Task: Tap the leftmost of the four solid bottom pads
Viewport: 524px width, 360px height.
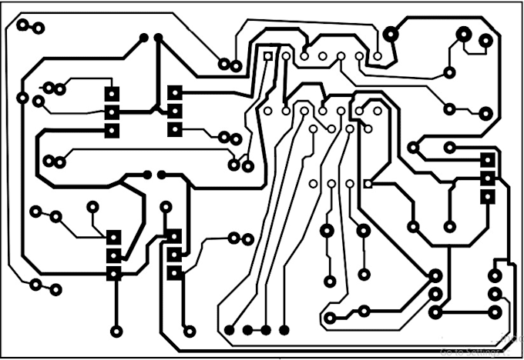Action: [230, 330]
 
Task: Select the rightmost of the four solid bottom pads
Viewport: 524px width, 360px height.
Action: [284, 330]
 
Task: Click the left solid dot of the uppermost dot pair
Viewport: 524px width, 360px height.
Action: [143, 38]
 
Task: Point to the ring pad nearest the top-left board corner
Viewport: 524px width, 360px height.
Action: [22, 25]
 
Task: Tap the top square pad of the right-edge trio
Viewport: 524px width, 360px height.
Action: [487, 160]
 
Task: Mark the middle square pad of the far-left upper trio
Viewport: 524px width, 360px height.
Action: [113, 112]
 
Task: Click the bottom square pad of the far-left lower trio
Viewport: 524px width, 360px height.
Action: [114, 272]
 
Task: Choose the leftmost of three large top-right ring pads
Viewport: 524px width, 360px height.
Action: [391, 33]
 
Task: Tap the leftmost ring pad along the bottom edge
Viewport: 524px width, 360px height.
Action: [116, 331]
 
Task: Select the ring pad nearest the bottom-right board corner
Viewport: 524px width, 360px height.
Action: [494, 312]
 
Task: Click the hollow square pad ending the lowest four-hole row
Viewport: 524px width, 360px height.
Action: [368, 184]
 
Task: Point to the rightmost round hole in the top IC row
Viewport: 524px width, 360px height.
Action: [378, 56]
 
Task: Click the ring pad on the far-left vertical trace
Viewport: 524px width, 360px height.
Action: [22, 98]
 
